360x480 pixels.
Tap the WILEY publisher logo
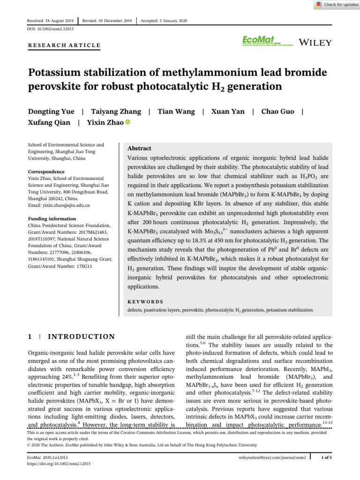coord(315,42)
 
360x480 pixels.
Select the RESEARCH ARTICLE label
coord(64,45)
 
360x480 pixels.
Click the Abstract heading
coord(140,148)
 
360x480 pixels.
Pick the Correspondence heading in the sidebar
coord(46,172)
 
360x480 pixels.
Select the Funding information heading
coord(52,219)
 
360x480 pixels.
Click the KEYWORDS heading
coord(146,302)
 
